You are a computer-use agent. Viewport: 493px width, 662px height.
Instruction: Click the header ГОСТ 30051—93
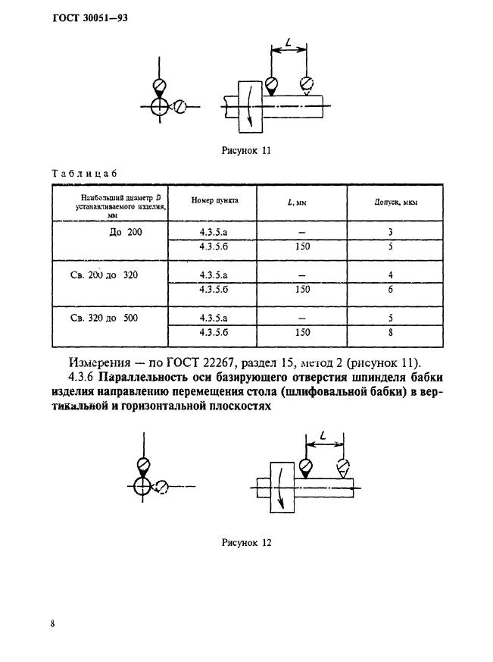(90, 18)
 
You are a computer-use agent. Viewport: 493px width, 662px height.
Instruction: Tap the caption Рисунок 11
(246, 150)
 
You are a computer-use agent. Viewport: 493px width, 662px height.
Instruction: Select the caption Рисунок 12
(247, 542)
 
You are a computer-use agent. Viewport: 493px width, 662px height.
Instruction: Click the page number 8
(53, 623)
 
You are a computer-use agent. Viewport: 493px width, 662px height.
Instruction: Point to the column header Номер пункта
(214, 200)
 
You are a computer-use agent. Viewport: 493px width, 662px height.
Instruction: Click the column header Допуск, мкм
(395, 202)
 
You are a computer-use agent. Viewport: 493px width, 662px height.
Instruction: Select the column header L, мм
(297, 202)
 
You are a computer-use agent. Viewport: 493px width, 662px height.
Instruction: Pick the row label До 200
(126, 232)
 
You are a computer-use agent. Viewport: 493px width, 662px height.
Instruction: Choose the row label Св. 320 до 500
(105, 318)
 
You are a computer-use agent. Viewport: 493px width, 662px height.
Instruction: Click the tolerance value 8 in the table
(391, 332)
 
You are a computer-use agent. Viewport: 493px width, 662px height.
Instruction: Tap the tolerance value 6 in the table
(391, 289)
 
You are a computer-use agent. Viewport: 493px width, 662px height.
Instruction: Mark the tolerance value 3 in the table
(391, 232)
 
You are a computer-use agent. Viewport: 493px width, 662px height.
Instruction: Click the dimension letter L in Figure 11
(289, 42)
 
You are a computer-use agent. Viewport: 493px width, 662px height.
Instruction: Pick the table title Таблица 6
(84, 173)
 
